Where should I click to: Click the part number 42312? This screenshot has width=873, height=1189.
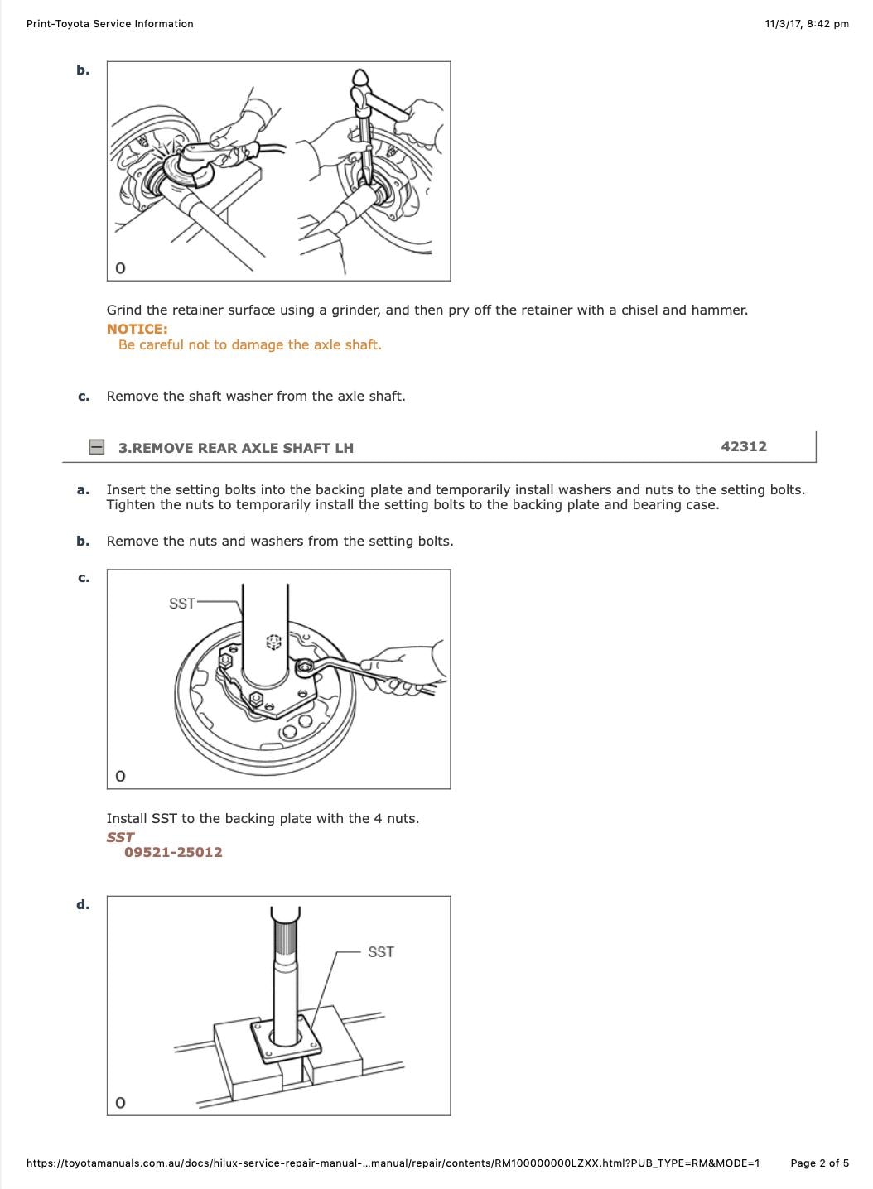click(744, 446)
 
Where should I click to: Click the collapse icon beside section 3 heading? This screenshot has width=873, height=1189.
click(97, 447)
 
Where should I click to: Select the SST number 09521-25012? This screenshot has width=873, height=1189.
click(173, 852)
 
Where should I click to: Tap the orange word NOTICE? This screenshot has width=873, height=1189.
click(137, 329)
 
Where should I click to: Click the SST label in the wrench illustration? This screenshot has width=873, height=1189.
click(181, 603)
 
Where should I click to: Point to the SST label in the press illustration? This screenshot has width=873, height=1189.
click(381, 951)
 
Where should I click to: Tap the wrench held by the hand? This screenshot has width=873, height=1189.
click(348, 668)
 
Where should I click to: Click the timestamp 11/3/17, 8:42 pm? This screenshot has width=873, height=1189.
click(807, 24)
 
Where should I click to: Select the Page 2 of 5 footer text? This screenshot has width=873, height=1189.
click(819, 1163)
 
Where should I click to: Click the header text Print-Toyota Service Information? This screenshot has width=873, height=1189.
click(110, 24)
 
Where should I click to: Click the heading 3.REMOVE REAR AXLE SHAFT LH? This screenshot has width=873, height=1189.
click(236, 448)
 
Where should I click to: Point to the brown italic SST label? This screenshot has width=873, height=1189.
click(120, 837)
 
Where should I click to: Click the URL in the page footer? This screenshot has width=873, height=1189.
click(393, 1163)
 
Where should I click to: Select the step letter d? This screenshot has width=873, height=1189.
click(83, 904)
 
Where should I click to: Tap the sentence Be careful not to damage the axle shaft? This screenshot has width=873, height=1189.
click(250, 345)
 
